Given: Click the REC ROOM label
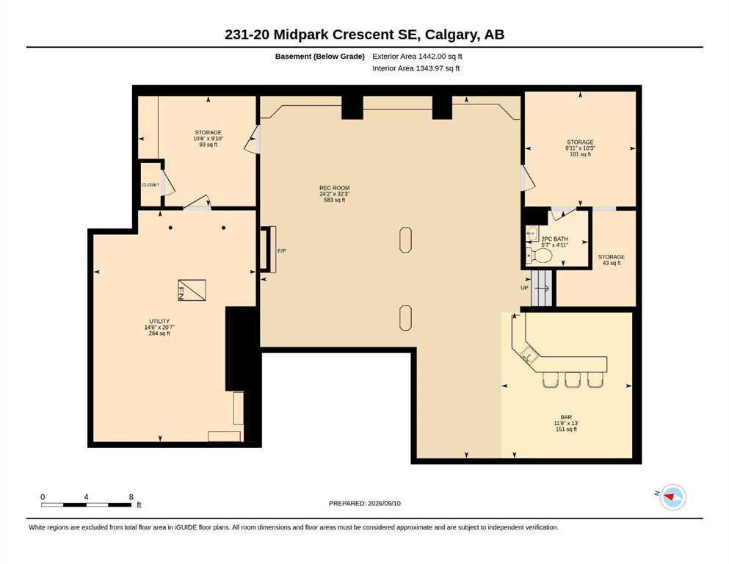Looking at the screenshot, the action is pyautogui.click(x=334, y=188).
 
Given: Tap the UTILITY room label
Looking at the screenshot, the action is pyautogui.click(x=159, y=322).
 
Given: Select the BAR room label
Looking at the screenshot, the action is pyautogui.click(x=566, y=417).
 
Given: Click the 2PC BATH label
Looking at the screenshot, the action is pyautogui.click(x=554, y=239).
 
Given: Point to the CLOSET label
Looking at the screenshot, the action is pyautogui.click(x=150, y=184).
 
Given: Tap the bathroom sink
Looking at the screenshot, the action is pyautogui.click(x=532, y=234).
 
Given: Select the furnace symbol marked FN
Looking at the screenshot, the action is pyautogui.click(x=192, y=291).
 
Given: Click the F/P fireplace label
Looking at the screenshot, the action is pyautogui.click(x=282, y=251).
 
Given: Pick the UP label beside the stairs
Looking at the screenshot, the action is pyautogui.click(x=524, y=288).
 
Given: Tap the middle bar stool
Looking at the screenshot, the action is pyautogui.click(x=572, y=380).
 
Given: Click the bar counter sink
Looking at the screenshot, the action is pyautogui.click(x=529, y=355).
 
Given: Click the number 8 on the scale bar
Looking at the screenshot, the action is pyautogui.click(x=131, y=497).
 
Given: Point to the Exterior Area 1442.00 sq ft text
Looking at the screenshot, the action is pyautogui.click(x=417, y=57).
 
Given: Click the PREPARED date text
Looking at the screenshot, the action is pyautogui.click(x=364, y=503).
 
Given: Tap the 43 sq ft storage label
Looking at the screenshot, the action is pyautogui.click(x=612, y=263).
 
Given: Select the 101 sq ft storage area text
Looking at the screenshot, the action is pyautogui.click(x=580, y=154).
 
